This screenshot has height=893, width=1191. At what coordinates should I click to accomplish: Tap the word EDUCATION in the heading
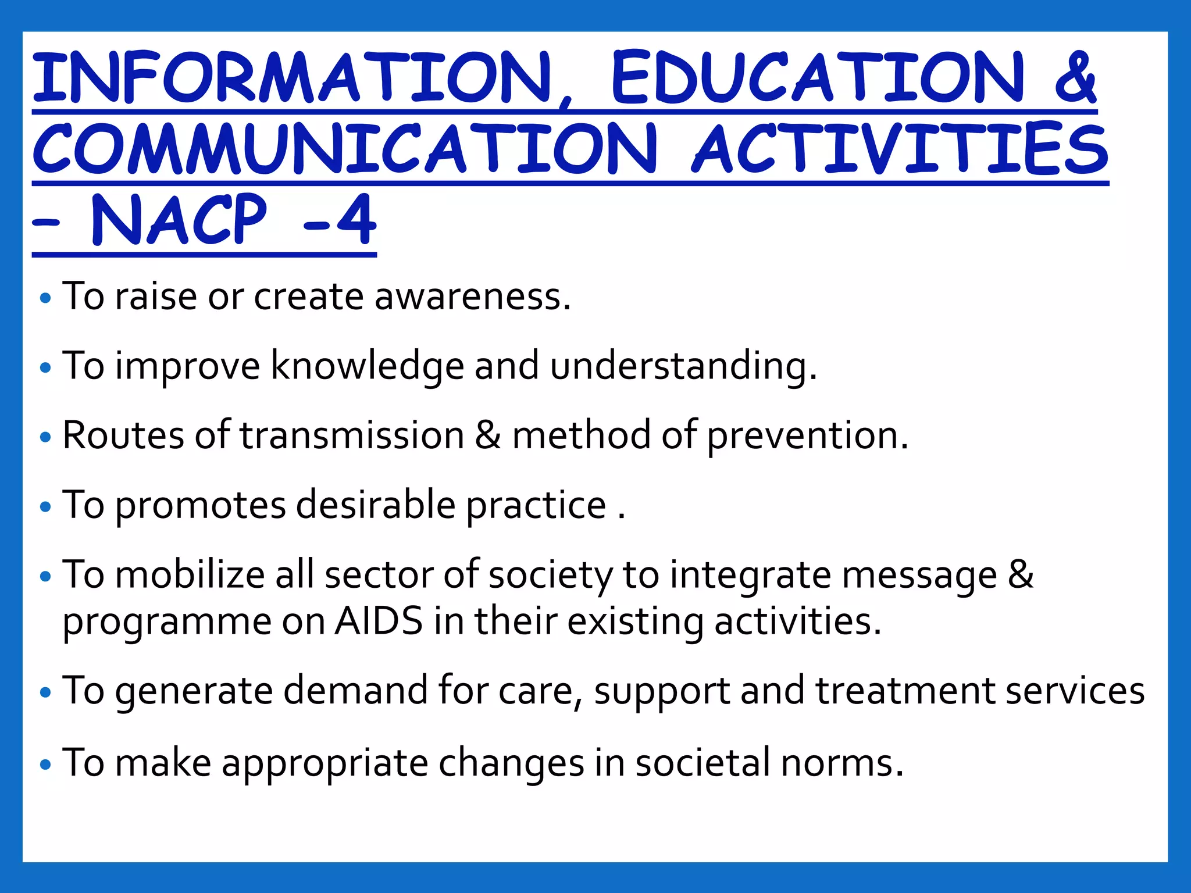[x=817, y=77]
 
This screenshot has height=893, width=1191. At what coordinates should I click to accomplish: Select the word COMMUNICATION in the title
[x=344, y=148]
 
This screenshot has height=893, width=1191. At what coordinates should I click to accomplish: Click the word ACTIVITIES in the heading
[x=900, y=148]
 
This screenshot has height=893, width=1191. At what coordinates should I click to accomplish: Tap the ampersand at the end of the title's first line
[x=1075, y=77]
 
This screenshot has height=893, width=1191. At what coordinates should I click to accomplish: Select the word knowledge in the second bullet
[x=368, y=366]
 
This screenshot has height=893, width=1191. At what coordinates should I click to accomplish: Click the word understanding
[x=683, y=366]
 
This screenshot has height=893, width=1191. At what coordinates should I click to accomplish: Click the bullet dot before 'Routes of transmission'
[x=45, y=437]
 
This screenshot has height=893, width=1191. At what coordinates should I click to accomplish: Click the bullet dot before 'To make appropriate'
[x=45, y=764]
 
